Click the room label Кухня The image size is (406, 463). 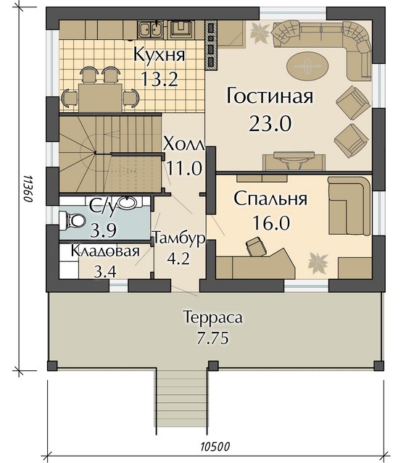(159, 54)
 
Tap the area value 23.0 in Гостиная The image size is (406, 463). (270, 123)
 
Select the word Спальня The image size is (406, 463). (270, 200)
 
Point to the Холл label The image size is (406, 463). (184, 144)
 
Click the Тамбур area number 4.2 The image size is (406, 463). (178, 259)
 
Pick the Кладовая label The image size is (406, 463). (105, 251)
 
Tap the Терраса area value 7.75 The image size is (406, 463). (212, 338)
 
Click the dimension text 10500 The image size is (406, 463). (215, 446)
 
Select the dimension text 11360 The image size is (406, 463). (28, 188)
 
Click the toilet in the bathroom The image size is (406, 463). (72, 220)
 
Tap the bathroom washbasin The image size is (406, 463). (128, 203)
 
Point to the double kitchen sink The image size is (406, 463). (150, 30)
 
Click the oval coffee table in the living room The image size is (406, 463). (307, 64)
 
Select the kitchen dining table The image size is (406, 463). (100, 97)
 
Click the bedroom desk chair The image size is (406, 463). (256, 246)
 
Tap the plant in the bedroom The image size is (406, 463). (318, 262)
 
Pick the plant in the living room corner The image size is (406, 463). (260, 33)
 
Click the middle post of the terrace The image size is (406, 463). (213, 366)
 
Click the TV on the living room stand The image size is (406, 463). (294, 157)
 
